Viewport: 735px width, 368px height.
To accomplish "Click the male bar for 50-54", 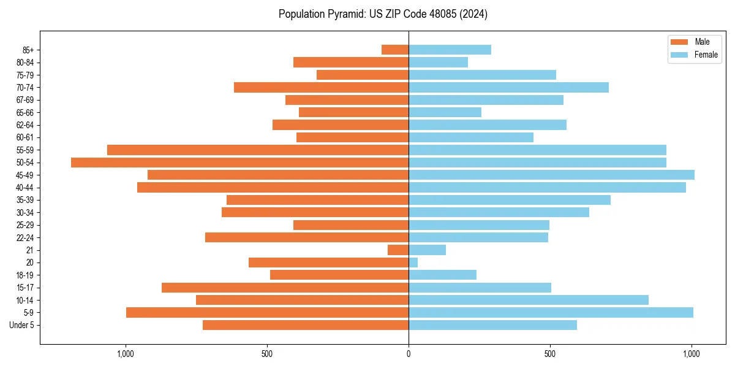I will (x=239, y=163).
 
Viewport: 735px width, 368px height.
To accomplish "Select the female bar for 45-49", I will (x=551, y=175).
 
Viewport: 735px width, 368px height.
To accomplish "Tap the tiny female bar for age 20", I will (x=413, y=263).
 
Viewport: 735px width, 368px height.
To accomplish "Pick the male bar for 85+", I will (x=395, y=50).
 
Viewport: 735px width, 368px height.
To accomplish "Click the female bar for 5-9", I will (x=551, y=313).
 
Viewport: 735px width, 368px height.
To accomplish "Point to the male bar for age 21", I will (x=398, y=250).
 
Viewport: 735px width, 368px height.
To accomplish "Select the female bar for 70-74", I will (x=508, y=87).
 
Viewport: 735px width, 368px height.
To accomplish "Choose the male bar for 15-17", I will (x=285, y=288).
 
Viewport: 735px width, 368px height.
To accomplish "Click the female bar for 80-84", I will (x=438, y=62).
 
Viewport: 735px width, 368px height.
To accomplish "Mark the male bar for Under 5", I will (x=306, y=325).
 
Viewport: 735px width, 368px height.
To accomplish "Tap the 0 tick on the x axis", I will (x=409, y=354).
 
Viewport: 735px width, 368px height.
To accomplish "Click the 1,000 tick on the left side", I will (x=125, y=354).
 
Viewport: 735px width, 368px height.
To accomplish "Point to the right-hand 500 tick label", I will (x=550, y=354).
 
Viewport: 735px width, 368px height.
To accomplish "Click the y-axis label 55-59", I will (x=24, y=150).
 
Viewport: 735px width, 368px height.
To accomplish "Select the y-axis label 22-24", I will (x=24, y=237).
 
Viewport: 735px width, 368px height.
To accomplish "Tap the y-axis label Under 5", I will (x=21, y=325).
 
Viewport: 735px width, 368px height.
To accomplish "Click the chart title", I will (x=383, y=14).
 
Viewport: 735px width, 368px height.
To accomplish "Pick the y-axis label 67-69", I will (x=24, y=100).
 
